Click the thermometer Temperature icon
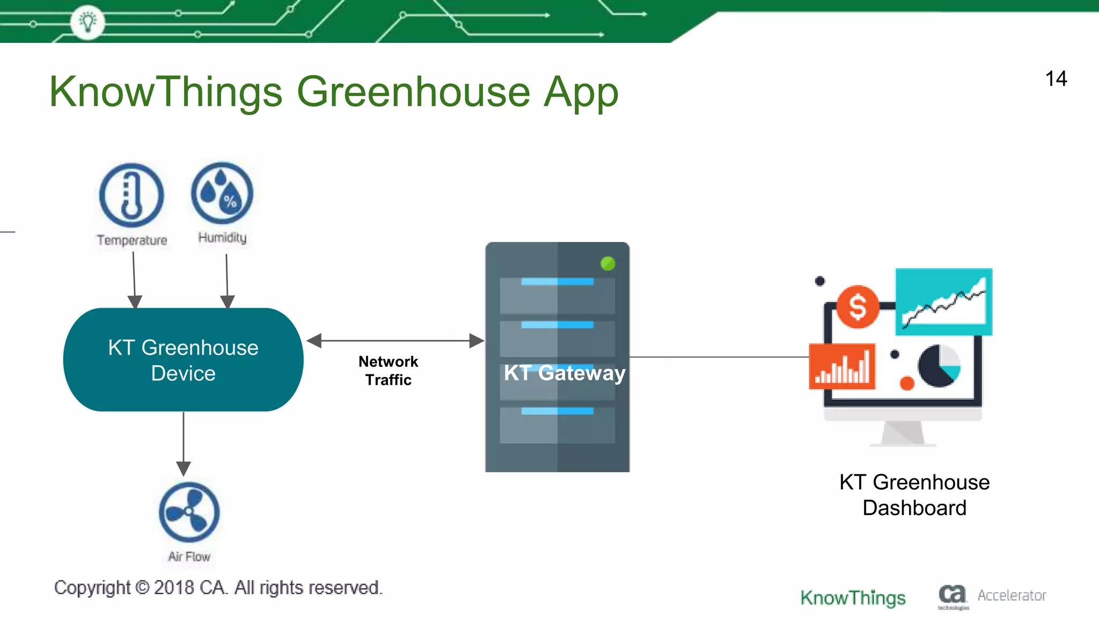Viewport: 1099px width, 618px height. click(x=131, y=195)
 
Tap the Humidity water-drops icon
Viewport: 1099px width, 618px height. click(x=222, y=194)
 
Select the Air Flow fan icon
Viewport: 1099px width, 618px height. click(x=189, y=512)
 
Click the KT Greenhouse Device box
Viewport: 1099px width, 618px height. click(x=183, y=360)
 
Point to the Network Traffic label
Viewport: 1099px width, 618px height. click(x=388, y=371)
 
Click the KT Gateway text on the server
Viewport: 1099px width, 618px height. click(x=564, y=373)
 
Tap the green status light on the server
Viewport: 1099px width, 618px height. click(x=607, y=263)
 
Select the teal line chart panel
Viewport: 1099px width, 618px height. click(x=943, y=302)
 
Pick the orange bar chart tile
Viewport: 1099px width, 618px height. click(x=842, y=367)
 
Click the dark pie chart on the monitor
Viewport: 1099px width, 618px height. click(x=939, y=366)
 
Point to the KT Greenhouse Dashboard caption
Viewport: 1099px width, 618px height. click(x=914, y=495)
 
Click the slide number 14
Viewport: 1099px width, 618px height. click(x=1056, y=79)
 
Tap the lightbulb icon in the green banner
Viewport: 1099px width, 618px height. click(x=87, y=22)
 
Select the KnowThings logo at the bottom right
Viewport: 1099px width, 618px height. click(x=853, y=597)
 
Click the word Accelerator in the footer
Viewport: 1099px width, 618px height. click(x=1012, y=595)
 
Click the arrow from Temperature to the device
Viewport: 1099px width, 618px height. click(x=134, y=279)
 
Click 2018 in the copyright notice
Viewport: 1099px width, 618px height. click(x=173, y=588)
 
